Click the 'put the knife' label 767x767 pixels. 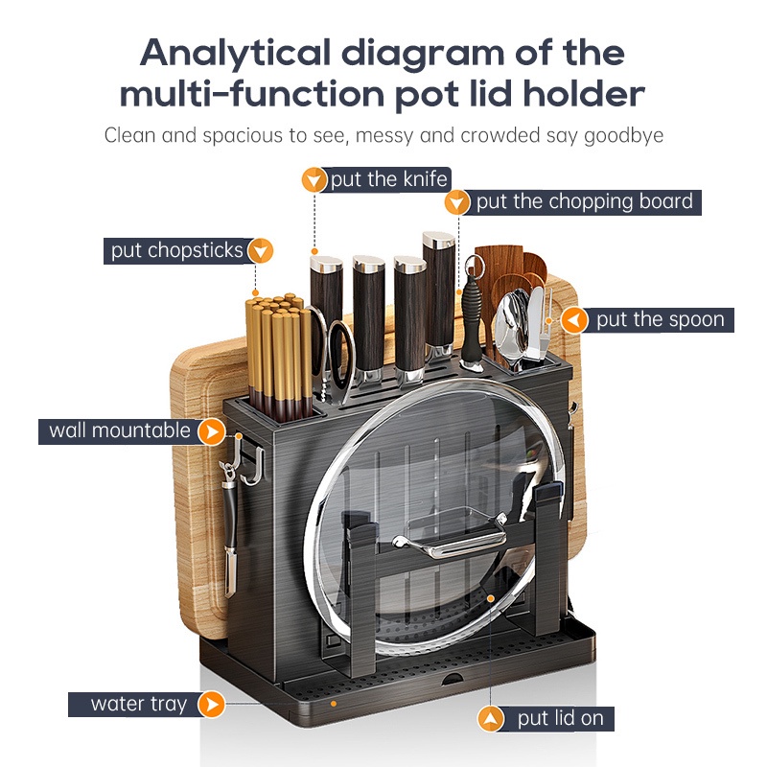pyautogui.click(x=389, y=179)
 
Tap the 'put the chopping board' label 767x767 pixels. pyautogui.click(x=585, y=202)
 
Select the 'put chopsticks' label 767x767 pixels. pyautogui.click(x=176, y=250)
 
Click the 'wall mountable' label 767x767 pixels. pyautogui.click(x=119, y=430)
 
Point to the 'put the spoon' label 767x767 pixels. pyautogui.click(x=660, y=320)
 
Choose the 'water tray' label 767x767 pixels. pyautogui.click(x=139, y=705)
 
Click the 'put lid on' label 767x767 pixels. pyautogui.click(x=561, y=718)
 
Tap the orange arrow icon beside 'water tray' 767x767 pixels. pyautogui.click(x=211, y=705)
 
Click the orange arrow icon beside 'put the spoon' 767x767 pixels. pyautogui.click(x=574, y=320)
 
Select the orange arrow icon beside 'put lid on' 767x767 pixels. pyautogui.click(x=491, y=719)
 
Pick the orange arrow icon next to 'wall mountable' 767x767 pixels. pyautogui.click(x=211, y=431)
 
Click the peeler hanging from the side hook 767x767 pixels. pyautogui.click(x=229, y=528)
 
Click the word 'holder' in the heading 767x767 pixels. pyautogui.click(x=584, y=94)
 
